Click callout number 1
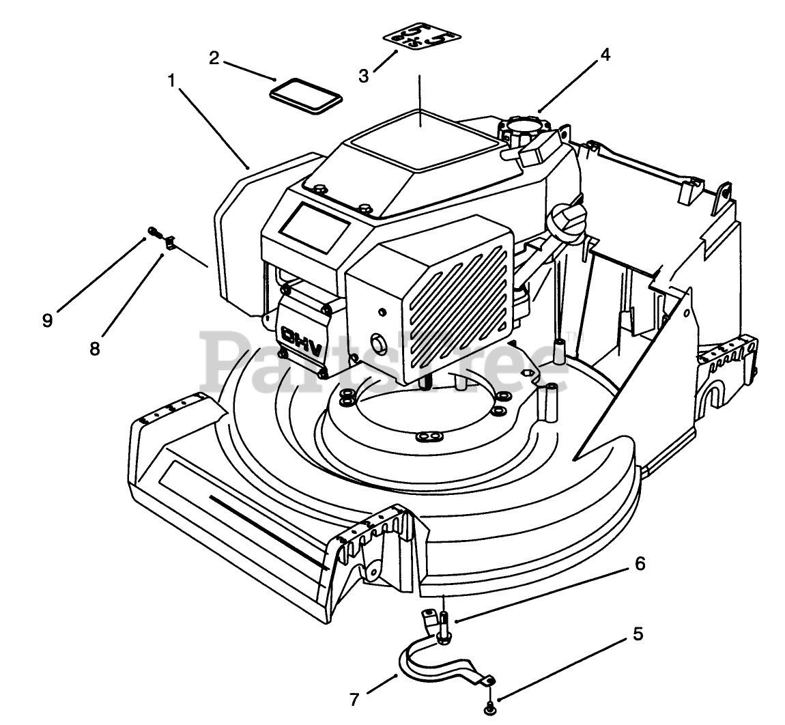coord(171,80)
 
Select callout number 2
coord(214,58)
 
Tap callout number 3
coord(363,76)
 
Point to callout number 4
coord(605,57)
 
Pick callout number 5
coord(638,634)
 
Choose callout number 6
coord(639,564)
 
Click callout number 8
coord(94,348)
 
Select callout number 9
coord(47,320)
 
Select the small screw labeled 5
coord(490,710)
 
